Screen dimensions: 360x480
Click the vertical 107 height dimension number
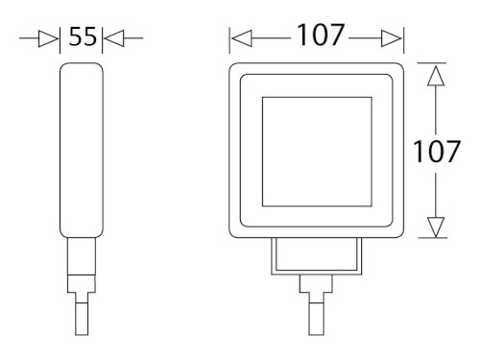pyautogui.click(x=438, y=152)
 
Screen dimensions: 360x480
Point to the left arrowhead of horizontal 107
pyautogui.click(x=242, y=39)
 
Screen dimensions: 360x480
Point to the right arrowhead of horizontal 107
pyautogui.click(x=391, y=39)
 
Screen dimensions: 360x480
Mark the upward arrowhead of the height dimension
pyautogui.click(x=437, y=75)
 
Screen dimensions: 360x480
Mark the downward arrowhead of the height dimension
pyautogui.click(x=437, y=228)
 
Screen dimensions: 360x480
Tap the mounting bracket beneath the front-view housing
pyautogui.click(x=316, y=255)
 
